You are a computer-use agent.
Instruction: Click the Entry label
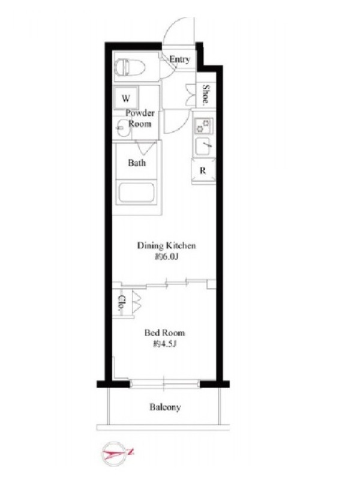click(179, 59)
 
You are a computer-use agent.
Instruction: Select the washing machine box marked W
click(126, 98)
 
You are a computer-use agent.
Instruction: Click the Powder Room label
click(140, 118)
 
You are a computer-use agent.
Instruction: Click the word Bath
click(137, 163)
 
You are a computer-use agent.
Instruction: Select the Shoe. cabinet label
click(206, 94)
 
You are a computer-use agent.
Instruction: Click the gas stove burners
click(203, 126)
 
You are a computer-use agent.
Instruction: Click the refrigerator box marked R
click(203, 171)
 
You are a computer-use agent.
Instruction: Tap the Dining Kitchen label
click(166, 245)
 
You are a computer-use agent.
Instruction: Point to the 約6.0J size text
click(166, 257)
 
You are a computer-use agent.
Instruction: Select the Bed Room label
click(164, 333)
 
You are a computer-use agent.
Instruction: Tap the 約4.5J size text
click(165, 344)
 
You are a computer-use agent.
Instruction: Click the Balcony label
click(165, 407)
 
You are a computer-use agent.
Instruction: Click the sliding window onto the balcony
click(164, 384)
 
